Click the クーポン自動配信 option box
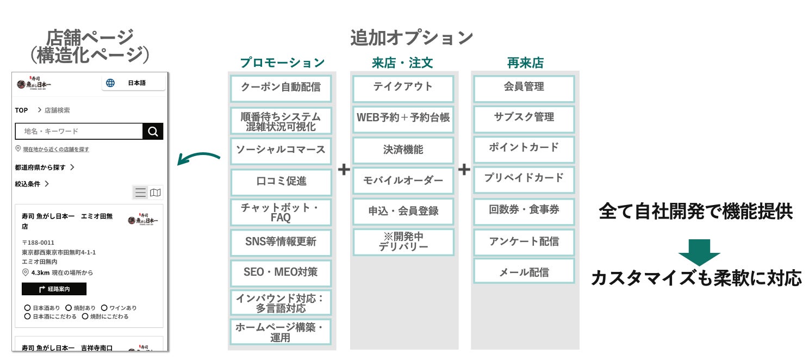pos(281,88)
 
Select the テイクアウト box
pos(403,88)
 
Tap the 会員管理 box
pos(524,88)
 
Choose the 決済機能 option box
pos(403,150)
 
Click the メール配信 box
pos(524,272)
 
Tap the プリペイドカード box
pos(524,178)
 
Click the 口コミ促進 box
pos(281,182)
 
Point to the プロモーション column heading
pos(282,63)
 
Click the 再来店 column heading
pos(525,63)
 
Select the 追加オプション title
pos(412,38)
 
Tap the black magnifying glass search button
pos(153,131)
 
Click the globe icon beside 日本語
pos(110,83)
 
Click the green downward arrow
pos(699,252)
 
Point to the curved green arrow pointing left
pos(199,158)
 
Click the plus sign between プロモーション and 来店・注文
pos(344,170)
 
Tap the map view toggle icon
pos(155,193)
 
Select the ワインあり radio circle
pos(104,308)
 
